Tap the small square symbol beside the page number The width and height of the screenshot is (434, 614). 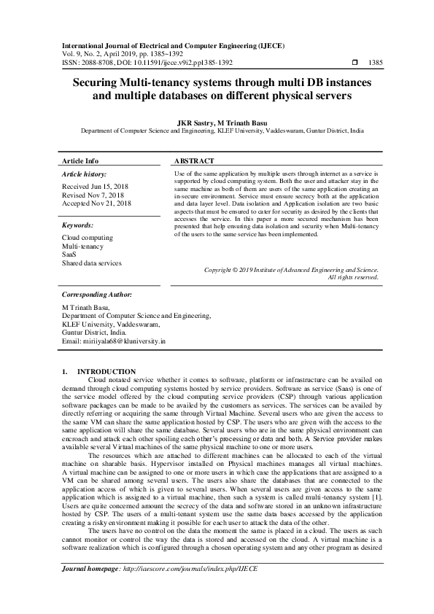pos(355,63)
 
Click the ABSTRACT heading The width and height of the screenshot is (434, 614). pos(194,160)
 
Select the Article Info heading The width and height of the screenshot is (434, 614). pos(80,160)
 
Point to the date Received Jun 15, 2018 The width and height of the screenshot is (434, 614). pos(96,187)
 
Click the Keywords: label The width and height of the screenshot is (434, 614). pos(78,226)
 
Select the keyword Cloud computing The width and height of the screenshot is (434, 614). pos(88,238)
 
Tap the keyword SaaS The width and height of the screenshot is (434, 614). pos(69,254)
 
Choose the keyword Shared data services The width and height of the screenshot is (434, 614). pos(92,263)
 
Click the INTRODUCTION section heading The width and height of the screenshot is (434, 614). pos(106,372)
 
